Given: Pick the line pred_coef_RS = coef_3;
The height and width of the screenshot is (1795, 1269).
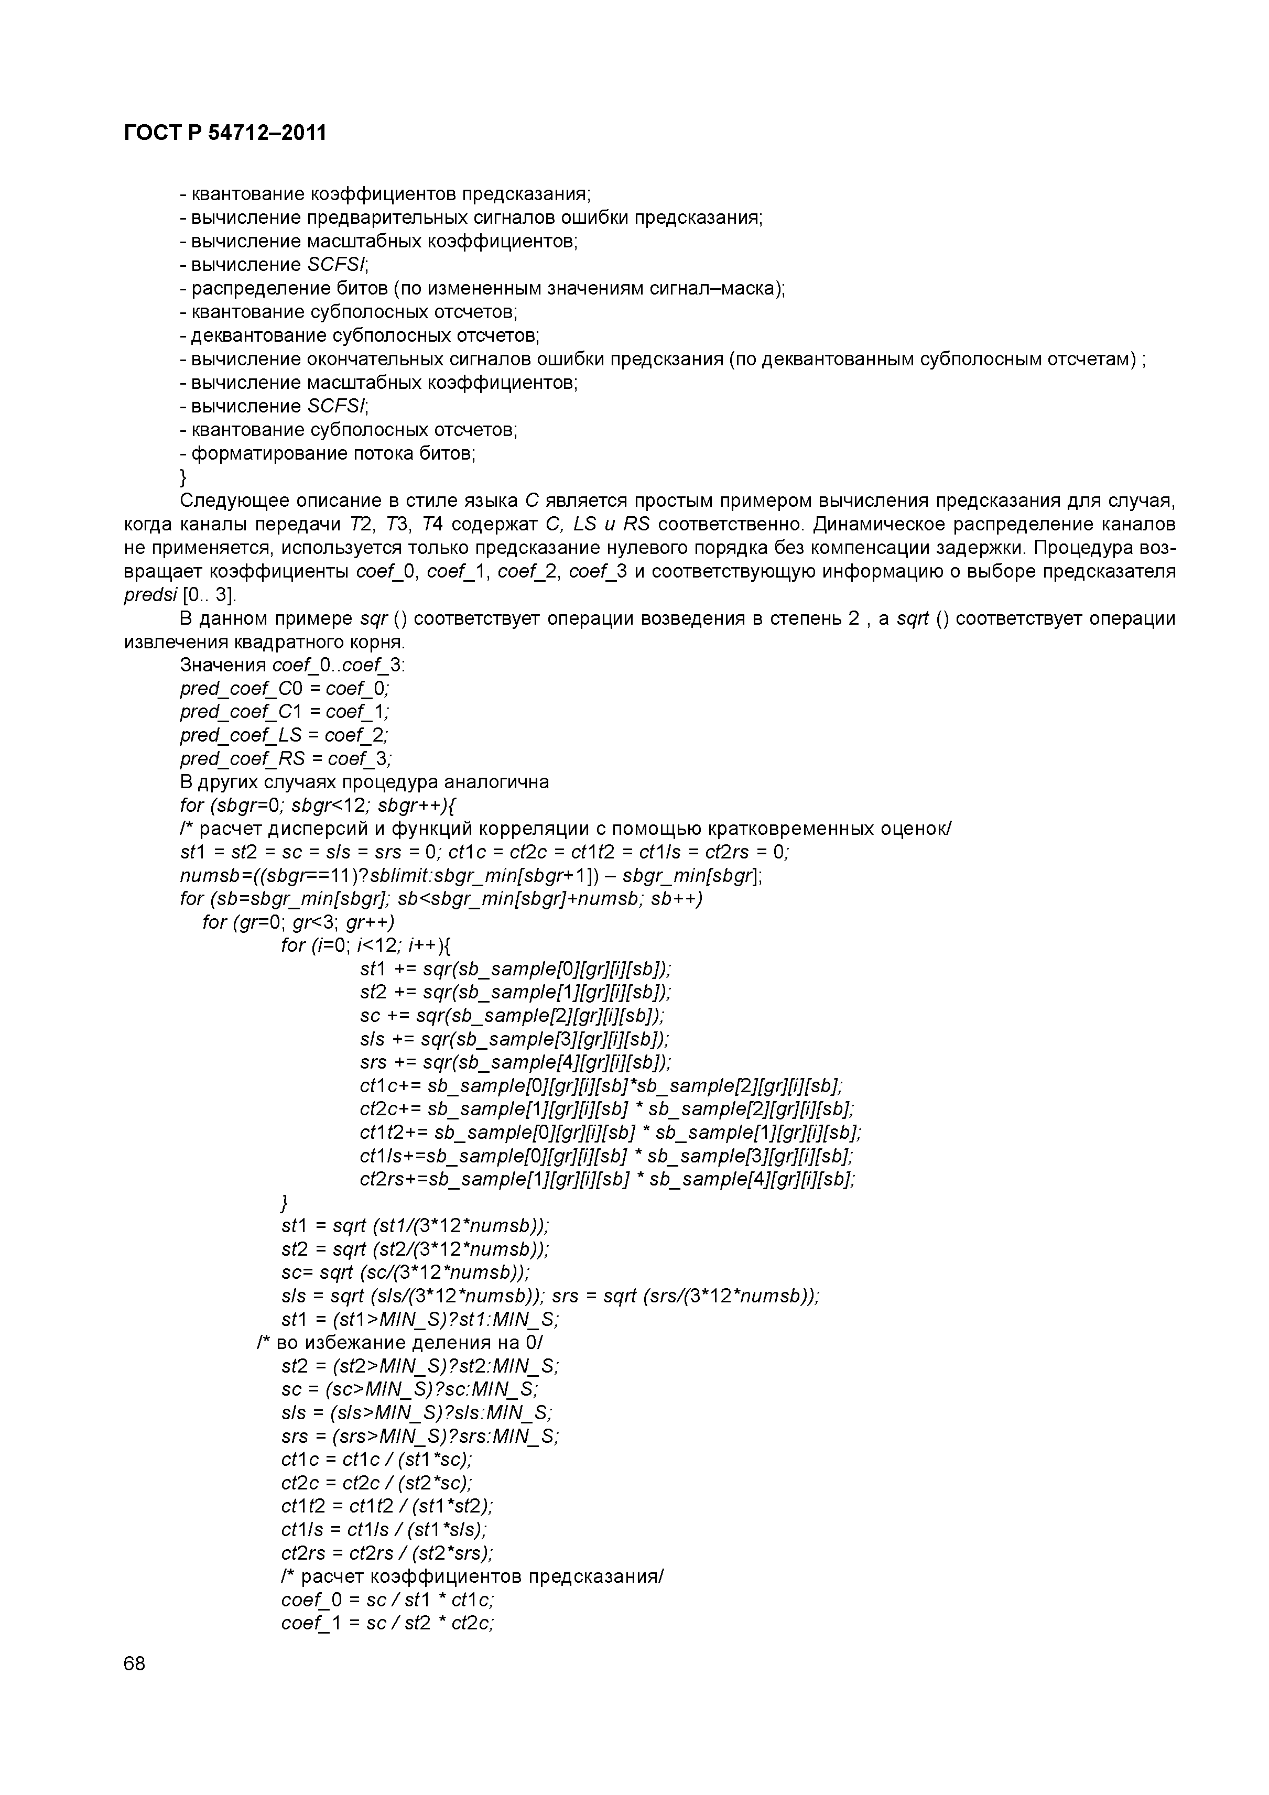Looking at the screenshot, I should pos(285,759).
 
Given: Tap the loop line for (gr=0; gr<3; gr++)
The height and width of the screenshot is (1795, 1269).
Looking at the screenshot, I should pos(298,922).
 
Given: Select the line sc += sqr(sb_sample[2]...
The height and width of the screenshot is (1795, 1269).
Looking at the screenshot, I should pos(512,1016).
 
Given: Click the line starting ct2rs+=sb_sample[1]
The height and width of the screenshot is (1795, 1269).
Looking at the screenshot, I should pos(607,1179).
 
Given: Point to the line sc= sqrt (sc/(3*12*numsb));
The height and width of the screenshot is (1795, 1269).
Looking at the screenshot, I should pos(405,1272).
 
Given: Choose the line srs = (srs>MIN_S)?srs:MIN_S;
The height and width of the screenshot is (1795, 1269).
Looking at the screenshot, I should pos(420,1436).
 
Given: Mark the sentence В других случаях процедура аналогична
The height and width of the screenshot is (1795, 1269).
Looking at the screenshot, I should pos(364,782).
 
